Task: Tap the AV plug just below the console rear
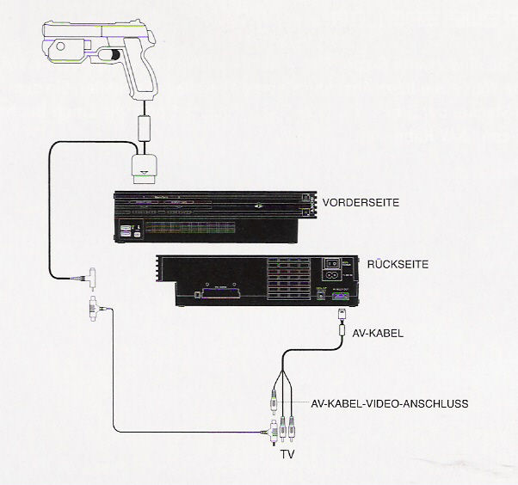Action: tap(342, 319)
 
